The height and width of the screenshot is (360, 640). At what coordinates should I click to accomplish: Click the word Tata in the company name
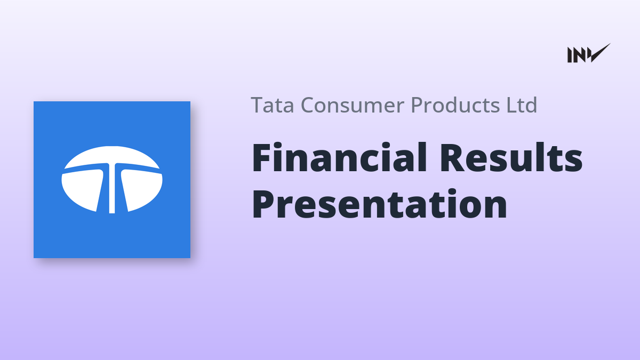pyautogui.click(x=273, y=105)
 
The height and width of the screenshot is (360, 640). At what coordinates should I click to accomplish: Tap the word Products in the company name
pyautogui.click(x=455, y=105)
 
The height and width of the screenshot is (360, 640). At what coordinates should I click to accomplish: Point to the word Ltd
pyautogui.click(x=522, y=105)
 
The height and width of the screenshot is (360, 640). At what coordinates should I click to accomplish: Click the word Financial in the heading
pyautogui.click(x=339, y=157)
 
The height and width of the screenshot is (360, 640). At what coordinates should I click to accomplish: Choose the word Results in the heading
pyautogui.click(x=511, y=157)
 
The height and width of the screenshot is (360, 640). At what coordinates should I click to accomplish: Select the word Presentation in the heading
pyautogui.click(x=379, y=204)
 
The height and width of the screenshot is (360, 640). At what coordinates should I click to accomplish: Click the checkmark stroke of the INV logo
pyautogui.click(x=600, y=53)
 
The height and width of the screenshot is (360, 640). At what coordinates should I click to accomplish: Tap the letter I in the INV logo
pyautogui.click(x=570, y=55)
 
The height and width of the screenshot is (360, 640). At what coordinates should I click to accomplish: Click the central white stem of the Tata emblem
pyautogui.click(x=112, y=189)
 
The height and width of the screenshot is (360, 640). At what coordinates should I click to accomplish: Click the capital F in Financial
pyautogui.click(x=262, y=158)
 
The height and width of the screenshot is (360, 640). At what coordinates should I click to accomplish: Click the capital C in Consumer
pyautogui.click(x=308, y=105)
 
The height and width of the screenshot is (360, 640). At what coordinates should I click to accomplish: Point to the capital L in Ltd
pyautogui.click(x=511, y=105)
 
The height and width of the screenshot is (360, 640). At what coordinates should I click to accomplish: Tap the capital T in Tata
pyautogui.click(x=257, y=105)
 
